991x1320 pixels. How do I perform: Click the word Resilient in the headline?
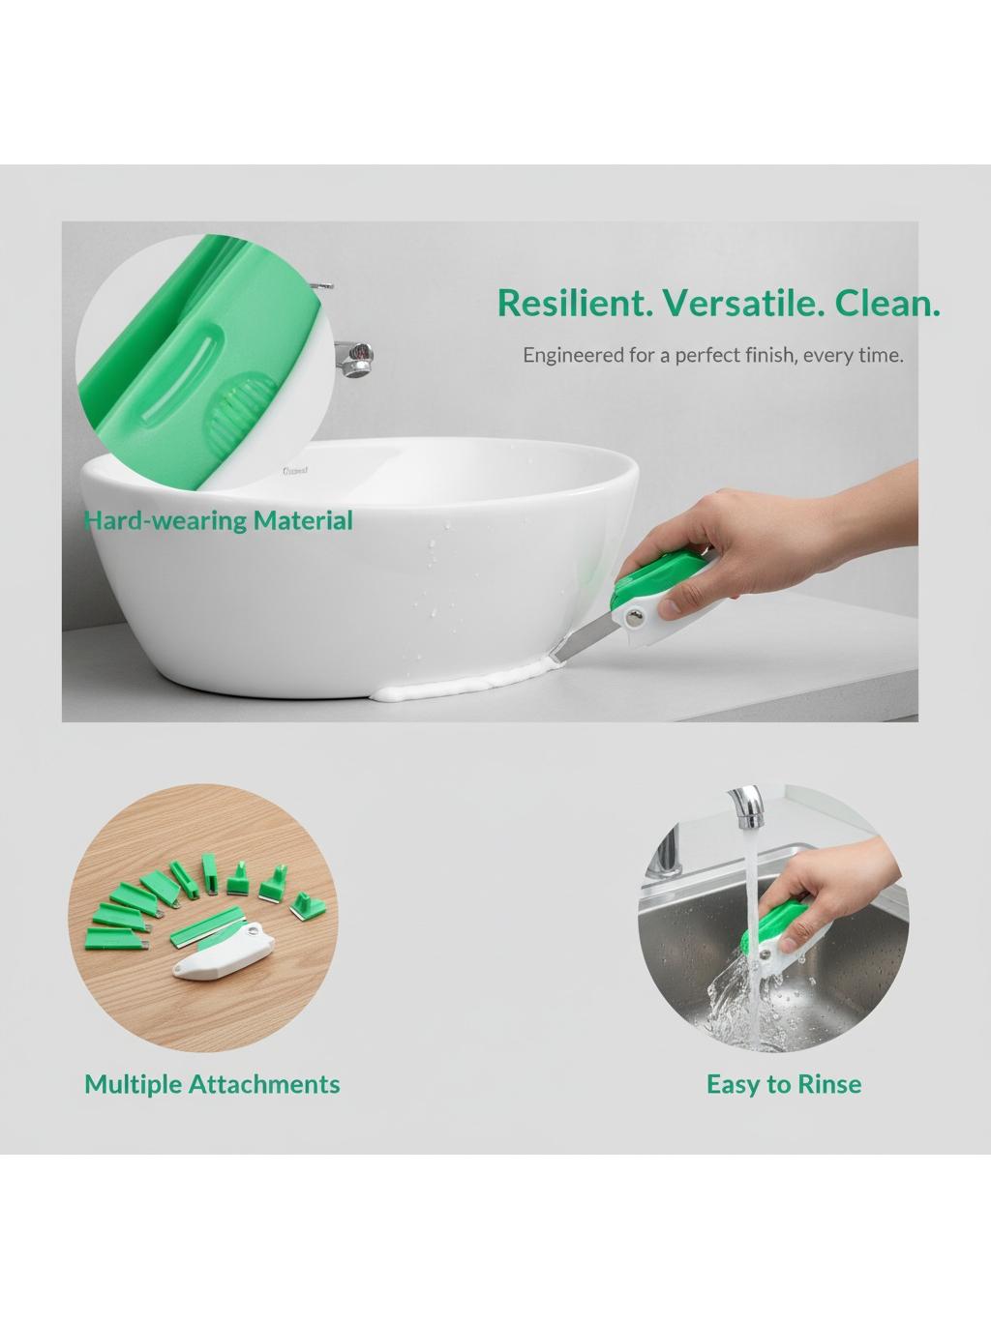coord(575,303)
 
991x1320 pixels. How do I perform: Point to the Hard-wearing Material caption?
coord(219,520)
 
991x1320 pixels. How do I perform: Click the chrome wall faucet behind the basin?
coord(354,357)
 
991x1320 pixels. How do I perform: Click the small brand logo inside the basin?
coord(295,471)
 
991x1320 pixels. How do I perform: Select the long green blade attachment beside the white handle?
coord(207,926)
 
